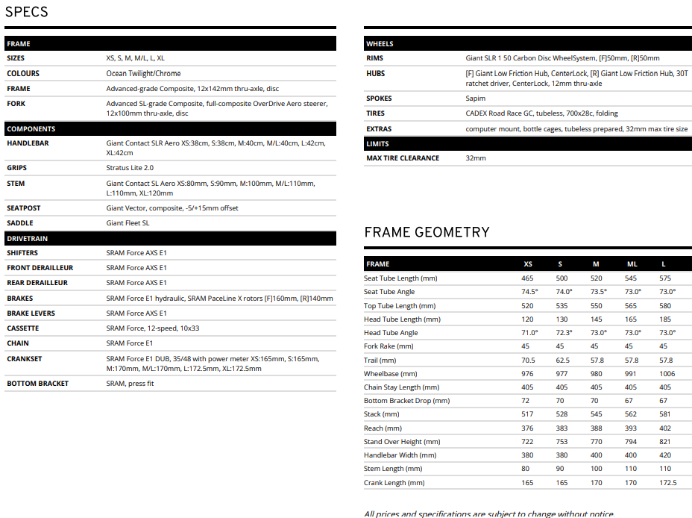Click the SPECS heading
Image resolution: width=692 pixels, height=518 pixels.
click(27, 12)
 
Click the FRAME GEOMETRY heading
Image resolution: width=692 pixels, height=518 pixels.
click(427, 232)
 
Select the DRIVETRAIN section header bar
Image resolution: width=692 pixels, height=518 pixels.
click(170, 238)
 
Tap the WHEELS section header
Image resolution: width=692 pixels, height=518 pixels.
click(528, 43)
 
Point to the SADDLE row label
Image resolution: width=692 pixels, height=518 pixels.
click(20, 222)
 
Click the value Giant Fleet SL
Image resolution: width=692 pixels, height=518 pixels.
click(128, 222)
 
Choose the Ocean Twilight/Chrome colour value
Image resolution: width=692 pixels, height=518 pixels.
click(143, 73)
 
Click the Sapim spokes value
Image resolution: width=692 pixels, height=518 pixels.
click(476, 98)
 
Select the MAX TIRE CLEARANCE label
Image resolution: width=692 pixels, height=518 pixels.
click(403, 157)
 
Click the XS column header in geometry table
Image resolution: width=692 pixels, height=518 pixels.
click(528, 264)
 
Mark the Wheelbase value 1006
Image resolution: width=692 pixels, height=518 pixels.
click(667, 373)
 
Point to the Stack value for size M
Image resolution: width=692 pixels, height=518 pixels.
click(596, 414)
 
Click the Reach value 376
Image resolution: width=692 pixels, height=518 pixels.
click(528, 428)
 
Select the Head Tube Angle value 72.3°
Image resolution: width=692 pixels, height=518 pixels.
click(564, 332)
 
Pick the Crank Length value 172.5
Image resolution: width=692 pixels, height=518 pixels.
click(668, 482)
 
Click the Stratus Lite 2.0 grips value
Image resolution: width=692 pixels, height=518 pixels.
click(130, 168)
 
